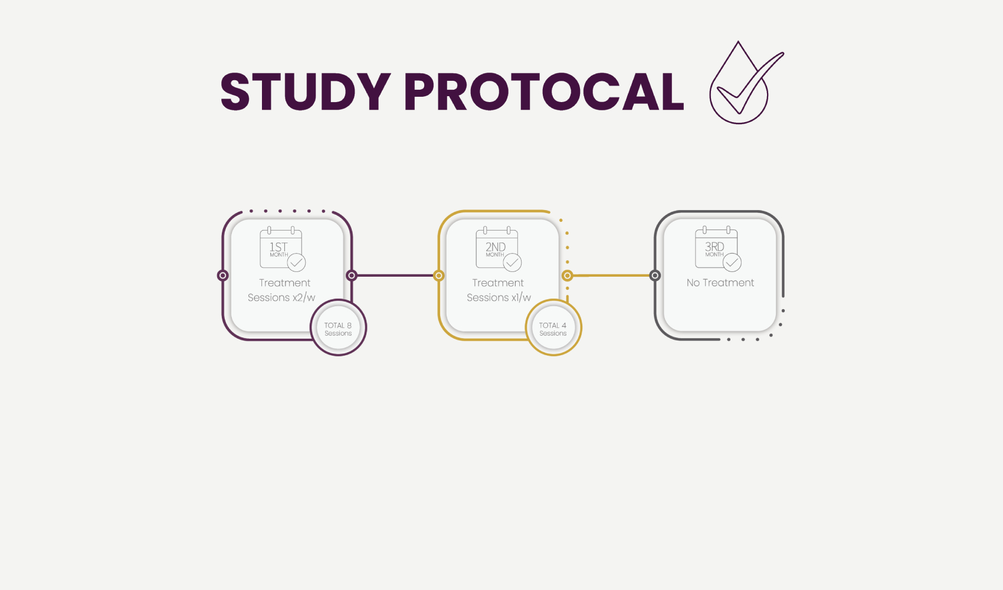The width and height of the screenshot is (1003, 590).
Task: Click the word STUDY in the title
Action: tap(306, 91)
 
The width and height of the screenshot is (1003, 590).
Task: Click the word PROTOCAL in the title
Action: tap(544, 91)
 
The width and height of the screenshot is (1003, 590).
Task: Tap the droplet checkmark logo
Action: tap(746, 83)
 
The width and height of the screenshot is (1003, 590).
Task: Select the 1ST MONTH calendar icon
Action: tap(283, 249)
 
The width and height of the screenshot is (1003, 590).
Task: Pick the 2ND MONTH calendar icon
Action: tap(499, 249)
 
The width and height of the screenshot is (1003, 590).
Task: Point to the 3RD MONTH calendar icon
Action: tap(718, 249)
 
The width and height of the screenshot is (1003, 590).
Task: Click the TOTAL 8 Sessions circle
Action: tap(338, 327)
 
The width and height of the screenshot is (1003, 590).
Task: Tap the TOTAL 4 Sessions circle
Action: tap(553, 327)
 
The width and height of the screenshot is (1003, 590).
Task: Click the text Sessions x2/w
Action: tap(281, 298)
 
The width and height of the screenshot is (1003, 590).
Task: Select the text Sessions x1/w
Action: tap(499, 298)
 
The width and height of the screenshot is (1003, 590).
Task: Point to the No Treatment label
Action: tap(720, 283)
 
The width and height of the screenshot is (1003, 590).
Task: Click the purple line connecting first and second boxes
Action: tap(395, 276)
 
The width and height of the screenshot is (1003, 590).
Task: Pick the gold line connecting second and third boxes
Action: tap(611, 276)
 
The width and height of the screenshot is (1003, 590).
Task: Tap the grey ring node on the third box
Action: tap(655, 276)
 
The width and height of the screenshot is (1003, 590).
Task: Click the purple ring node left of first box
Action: tap(222, 276)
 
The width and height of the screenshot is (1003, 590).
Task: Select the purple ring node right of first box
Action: tap(352, 276)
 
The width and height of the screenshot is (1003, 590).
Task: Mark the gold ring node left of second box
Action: tap(439, 276)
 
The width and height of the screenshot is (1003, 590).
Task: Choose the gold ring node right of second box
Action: tap(568, 276)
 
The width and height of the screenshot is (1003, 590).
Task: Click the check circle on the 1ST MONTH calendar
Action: tap(296, 263)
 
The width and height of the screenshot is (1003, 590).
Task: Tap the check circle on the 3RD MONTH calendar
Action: tap(732, 263)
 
